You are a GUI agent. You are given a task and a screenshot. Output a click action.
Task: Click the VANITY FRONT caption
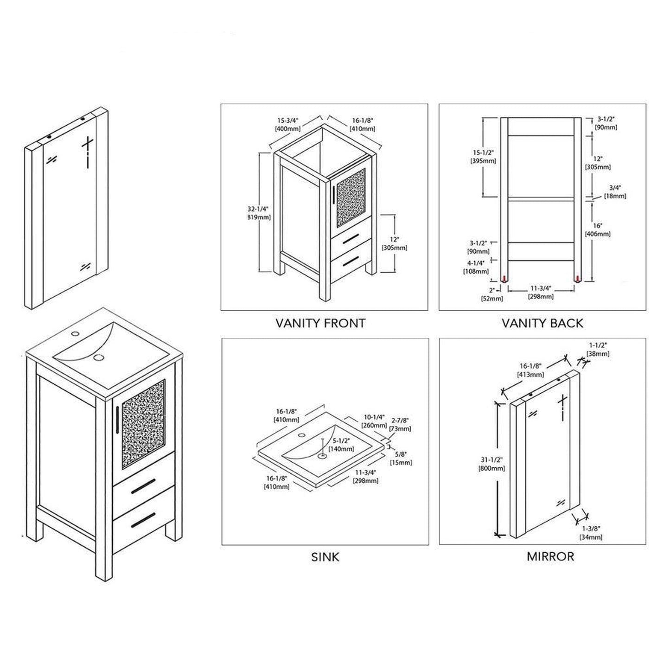[x=320, y=323]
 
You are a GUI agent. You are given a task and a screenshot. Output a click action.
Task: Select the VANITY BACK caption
[x=542, y=323]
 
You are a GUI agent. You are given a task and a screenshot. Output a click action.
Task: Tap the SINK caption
[x=325, y=557]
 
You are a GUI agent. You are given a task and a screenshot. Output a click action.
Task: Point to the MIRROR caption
[x=550, y=556]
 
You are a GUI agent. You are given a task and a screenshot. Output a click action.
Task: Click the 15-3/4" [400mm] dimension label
[x=287, y=124]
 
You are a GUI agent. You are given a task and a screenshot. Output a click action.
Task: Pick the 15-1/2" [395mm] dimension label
[x=483, y=157]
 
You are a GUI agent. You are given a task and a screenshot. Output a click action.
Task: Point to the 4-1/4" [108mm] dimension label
[x=476, y=267]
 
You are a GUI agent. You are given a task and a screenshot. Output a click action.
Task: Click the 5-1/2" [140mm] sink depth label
[x=341, y=445]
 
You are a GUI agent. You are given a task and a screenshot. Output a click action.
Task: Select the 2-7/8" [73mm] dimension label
[x=400, y=424]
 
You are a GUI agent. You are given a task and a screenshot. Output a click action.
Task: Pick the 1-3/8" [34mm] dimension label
[x=591, y=533]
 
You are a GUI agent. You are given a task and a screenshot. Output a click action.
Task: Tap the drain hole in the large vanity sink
[x=98, y=357]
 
